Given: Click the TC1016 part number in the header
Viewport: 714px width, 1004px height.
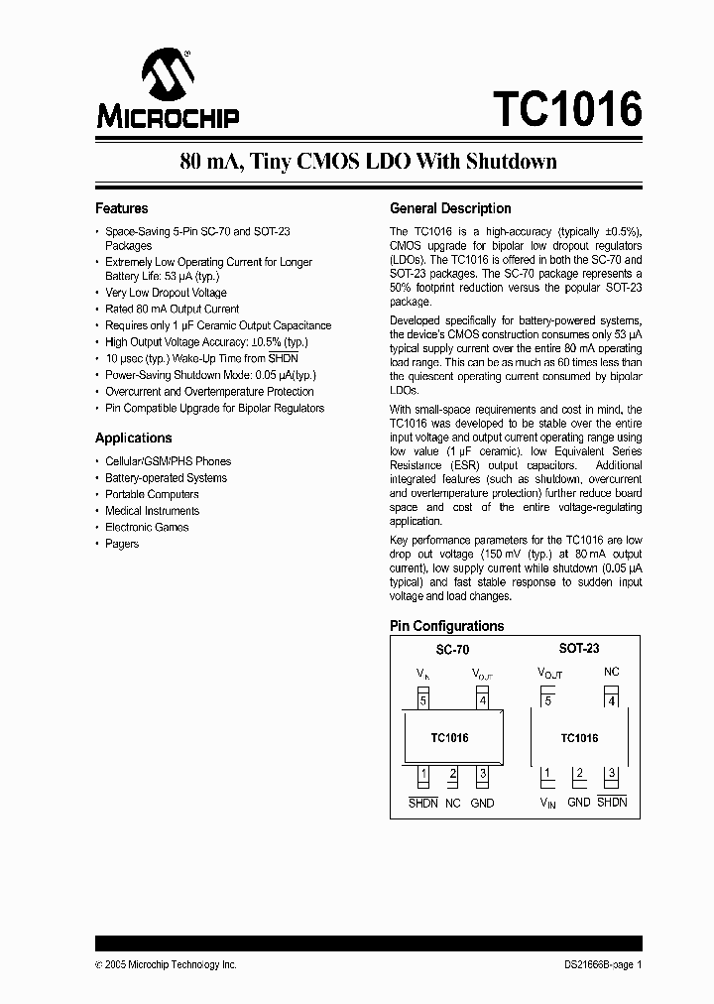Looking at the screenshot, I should pyautogui.click(x=566, y=108).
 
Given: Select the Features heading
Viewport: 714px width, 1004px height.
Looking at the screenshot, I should pyautogui.click(x=121, y=208).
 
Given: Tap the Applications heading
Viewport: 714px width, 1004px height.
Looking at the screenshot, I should pyautogui.click(x=133, y=438).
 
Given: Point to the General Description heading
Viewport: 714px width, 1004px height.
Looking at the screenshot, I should pyautogui.click(x=450, y=208).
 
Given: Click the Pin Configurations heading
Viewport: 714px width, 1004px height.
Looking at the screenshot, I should pyautogui.click(x=446, y=626).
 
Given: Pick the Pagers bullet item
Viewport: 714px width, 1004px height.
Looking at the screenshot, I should pyautogui.click(x=122, y=544).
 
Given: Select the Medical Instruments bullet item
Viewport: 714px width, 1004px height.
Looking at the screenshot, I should pyautogui.click(x=152, y=511).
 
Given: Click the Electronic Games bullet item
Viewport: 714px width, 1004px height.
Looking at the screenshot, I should pyautogui.click(x=147, y=527).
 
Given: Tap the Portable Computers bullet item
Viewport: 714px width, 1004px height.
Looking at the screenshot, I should pyautogui.click(x=152, y=494).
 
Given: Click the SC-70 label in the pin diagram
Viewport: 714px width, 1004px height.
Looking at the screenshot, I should pyautogui.click(x=452, y=649).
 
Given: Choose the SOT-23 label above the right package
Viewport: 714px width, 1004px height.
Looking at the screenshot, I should pyautogui.click(x=578, y=648).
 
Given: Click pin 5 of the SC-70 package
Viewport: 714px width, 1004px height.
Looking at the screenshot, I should pyautogui.click(x=423, y=701).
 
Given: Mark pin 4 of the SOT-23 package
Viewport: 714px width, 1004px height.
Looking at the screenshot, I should pyautogui.click(x=612, y=701).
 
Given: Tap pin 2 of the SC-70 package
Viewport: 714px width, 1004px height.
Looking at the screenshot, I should pyautogui.click(x=453, y=774).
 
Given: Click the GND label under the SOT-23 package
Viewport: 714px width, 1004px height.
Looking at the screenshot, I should pyautogui.click(x=579, y=802).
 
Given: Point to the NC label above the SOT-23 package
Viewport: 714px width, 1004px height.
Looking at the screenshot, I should pyautogui.click(x=612, y=672).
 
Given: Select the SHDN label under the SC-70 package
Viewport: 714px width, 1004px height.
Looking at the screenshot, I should pyautogui.click(x=423, y=803).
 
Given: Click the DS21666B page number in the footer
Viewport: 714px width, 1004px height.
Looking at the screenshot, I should pyautogui.click(x=597, y=964).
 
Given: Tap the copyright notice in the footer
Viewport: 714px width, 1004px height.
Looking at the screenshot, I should pyautogui.click(x=166, y=964).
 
